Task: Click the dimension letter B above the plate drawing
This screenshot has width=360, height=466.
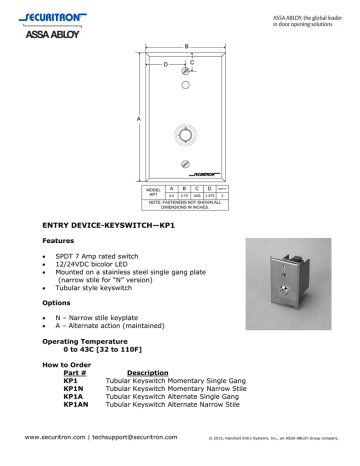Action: [186, 45]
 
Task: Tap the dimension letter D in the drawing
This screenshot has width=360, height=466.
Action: [165, 66]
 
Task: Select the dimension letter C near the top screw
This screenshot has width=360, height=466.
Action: [191, 62]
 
